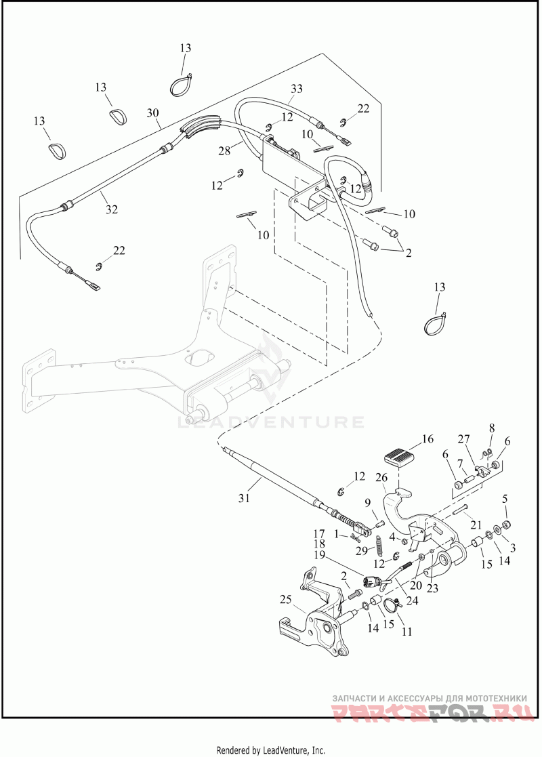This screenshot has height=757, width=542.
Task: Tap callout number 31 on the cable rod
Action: (244, 498)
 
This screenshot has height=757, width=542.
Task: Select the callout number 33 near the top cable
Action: (297, 89)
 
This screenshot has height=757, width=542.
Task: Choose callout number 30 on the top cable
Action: (152, 112)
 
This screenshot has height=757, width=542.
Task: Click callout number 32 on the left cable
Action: (112, 209)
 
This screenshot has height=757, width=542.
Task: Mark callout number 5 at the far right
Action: (505, 499)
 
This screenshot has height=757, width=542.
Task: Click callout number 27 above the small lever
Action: (463, 438)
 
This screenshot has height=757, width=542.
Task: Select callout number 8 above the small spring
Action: (493, 428)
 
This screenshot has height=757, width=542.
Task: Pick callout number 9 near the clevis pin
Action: (368, 503)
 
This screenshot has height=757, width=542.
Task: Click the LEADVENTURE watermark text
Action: (271, 422)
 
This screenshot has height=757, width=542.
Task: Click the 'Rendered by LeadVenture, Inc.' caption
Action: (270, 750)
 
